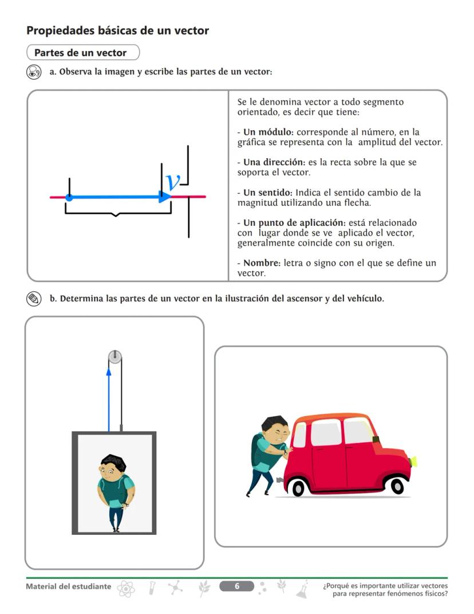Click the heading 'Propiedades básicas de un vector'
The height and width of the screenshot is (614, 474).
pos(117,30)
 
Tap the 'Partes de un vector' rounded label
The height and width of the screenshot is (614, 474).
pos(81,53)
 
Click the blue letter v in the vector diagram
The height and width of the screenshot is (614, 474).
pos(172,181)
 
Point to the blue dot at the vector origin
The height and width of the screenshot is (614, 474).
pos(69,197)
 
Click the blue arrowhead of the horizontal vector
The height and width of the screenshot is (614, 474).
pos(165,197)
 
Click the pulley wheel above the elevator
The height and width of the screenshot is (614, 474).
pos(115,357)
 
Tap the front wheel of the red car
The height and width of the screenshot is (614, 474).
pos(397,486)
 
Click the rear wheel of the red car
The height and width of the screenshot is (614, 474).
pos(298,487)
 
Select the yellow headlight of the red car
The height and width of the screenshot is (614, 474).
pos(413,460)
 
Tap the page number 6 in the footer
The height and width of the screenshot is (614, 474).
pos(236,586)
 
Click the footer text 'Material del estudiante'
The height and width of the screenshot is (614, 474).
pos(69,586)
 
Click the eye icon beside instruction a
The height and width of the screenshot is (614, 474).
pos(34,72)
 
